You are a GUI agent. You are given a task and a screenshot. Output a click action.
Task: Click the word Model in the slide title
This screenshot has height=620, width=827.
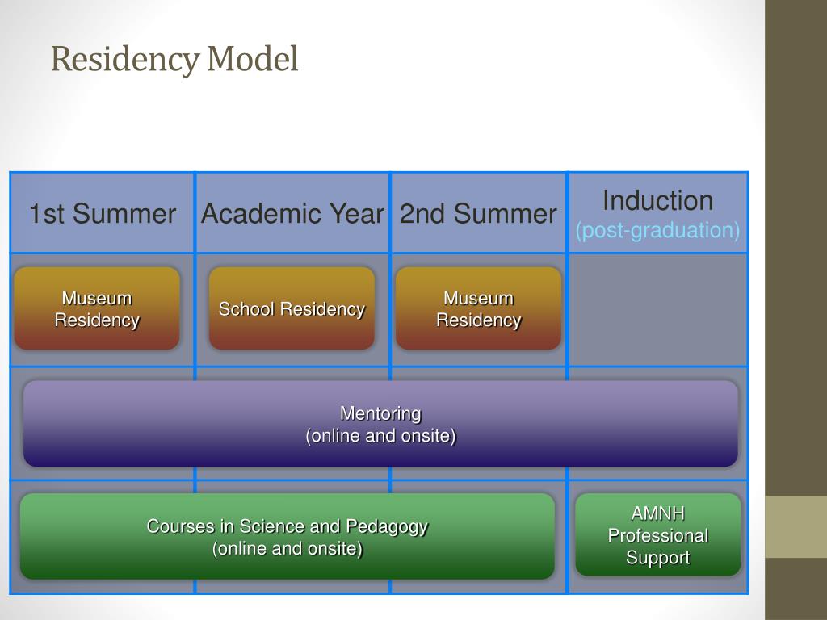pyautogui.click(x=252, y=59)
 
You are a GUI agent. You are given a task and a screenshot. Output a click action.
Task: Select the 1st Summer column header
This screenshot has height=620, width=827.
pyautogui.click(x=102, y=214)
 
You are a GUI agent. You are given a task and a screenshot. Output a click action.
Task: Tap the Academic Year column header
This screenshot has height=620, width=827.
pyautogui.click(x=292, y=214)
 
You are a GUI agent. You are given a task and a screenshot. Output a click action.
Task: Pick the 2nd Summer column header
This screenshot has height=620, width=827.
pyautogui.click(x=478, y=214)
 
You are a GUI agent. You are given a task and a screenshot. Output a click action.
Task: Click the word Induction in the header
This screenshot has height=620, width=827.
pyautogui.click(x=657, y=200)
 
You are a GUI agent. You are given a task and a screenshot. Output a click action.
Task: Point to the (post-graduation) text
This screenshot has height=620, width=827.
pyautogui.click(x=657, y=231)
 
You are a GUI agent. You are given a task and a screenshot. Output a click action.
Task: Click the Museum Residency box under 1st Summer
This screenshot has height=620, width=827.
pyautogui.click(x=97, y=308)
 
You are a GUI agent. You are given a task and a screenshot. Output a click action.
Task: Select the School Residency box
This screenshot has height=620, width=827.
pyautogui.click(x=292, y=308)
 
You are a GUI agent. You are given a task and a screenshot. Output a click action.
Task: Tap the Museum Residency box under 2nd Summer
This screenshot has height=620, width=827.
pyautogui.click(x=478, y=308)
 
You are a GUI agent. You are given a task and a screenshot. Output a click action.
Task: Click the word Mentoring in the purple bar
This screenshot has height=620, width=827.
pyautogui.click(x=380, y=413)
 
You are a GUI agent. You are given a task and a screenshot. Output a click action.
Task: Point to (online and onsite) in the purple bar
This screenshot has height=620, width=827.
pyautogui.click(x=380, y=436)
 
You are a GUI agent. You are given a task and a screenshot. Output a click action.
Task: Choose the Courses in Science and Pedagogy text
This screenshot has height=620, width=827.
pyautogui.click(x=287, y=526)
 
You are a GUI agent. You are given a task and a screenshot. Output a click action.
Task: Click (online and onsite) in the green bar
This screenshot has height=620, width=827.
pyautogui.click(x=287, y=549)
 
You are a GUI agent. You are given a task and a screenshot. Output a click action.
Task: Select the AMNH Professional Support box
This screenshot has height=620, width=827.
pyautogui.click(x=657, y=534)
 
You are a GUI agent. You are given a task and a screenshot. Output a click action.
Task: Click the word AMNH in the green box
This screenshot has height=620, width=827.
pyautogui.click(x=657, y=513)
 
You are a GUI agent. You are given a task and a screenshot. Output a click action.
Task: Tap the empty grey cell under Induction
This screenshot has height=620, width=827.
pyautogui.click(x=657, y=310)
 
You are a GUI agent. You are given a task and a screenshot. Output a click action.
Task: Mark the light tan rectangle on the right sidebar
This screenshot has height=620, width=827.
pyautogui.click(x=796, y=526)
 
